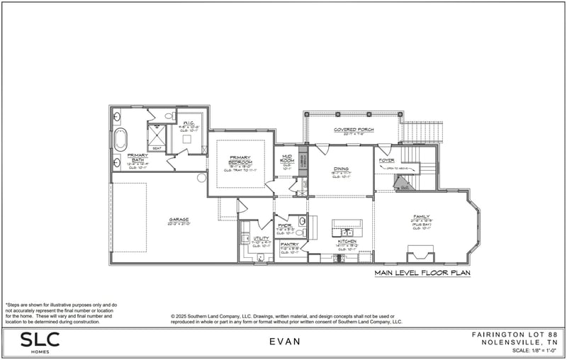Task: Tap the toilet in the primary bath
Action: point(169,116)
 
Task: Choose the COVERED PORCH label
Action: point(354,130)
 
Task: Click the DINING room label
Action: point(341,169)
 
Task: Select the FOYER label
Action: point(386,160)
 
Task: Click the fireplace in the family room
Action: point(420,253)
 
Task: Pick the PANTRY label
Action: point(290,244)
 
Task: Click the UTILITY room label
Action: point(262,239)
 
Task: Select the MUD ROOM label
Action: point(287,159)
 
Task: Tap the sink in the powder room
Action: point(301,221)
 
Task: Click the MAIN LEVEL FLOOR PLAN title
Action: point(422,272)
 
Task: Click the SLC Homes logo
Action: point(40,342)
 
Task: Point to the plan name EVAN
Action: point(285,342)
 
